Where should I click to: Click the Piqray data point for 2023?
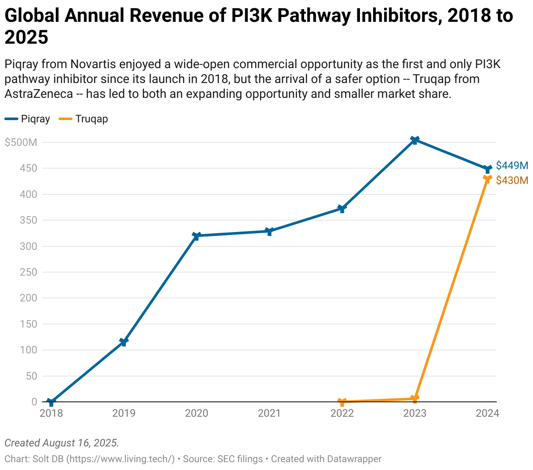pyautogui.click(x=415, y=140)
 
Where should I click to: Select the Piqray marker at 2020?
pyautogui.click(x=197, y=236)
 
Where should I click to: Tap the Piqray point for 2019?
pyautogui.click(x=124, y=342)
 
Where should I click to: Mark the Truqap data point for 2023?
pyautogui.click(x=415, y=398)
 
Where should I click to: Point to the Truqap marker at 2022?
pyautogui.click(x=342, y=401)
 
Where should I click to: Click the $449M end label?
pyautogui.click(x=512, y=166)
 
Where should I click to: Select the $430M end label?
pyautogui.click(x=512, y=180)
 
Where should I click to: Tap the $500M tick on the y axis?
pyautogui.click(x=21, y=142)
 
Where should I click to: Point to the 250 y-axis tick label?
pyautogui.click(x=28, y=272)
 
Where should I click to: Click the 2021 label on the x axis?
pyautogui.click(x=269, y=413)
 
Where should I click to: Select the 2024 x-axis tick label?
pyautogui.click(x=487, y=413)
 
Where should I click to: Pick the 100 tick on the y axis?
pyautogui.click(x=28, y=350)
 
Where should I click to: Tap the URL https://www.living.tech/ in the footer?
pyautogui.click(x=121, y=459)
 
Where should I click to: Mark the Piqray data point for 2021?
pyautogui.click(x=269, y=232)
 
